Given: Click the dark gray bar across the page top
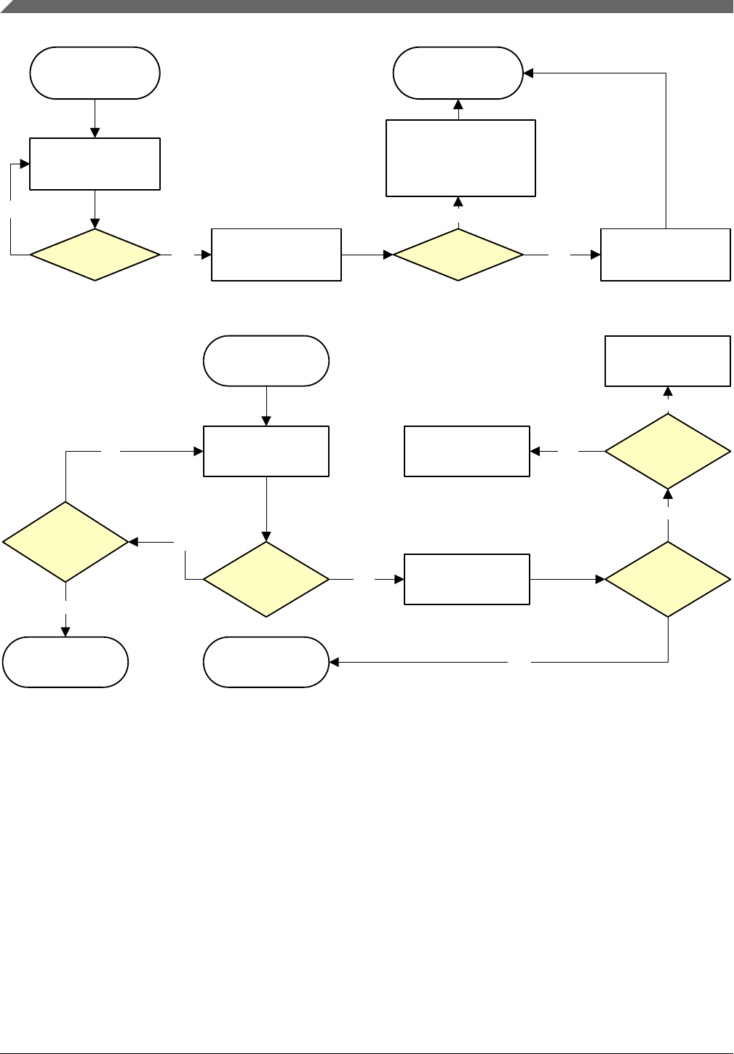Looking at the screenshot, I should point(367,7).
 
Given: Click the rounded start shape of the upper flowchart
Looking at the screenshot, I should point(95,73).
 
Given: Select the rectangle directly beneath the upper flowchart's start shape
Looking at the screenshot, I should point(95,164).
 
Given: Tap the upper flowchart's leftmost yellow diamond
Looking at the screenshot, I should point(95,255).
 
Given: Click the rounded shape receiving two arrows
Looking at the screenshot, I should point(458,73).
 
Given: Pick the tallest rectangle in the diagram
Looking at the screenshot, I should point(460,158).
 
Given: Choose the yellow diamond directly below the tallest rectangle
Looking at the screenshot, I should point(458,255).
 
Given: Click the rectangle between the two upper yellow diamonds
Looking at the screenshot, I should point(276,255).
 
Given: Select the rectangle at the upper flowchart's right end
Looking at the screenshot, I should point(665,255).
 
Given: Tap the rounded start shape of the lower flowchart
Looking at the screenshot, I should point(266,361).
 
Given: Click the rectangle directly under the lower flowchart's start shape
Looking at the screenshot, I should point(266,451).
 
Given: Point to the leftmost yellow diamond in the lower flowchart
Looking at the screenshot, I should point(65,542).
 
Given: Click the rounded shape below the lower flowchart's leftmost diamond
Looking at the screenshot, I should point(65,662).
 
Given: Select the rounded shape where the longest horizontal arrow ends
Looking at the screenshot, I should point(266,662).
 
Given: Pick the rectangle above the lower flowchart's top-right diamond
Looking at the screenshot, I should point(668,361).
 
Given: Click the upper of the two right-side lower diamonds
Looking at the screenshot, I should point(668,451).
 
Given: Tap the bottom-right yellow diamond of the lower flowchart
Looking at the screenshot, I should point(668,579).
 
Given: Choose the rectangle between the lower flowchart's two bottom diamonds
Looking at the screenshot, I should point(466,579).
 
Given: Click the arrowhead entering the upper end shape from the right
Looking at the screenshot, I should point(528,73).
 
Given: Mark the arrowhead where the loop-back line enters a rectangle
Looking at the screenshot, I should point(25,164).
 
